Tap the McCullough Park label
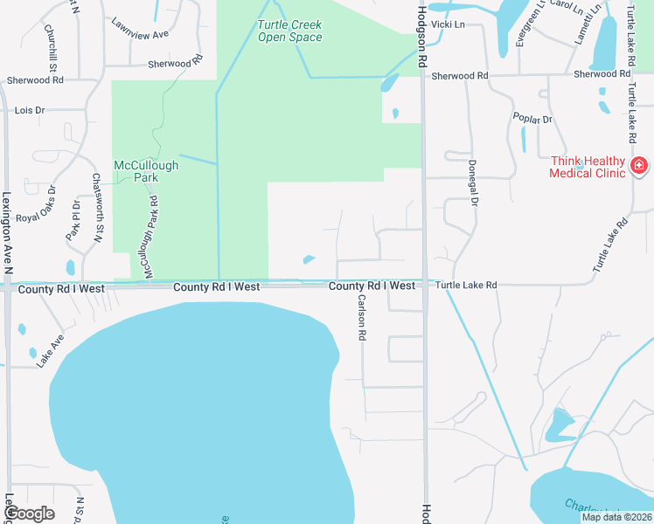(146, 170)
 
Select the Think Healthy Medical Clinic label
(588, 167)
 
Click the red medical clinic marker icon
(639, 165)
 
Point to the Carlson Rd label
(361, 316)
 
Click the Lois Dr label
(29, 111)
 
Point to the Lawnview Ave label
(139, 34)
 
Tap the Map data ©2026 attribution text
(616, 517)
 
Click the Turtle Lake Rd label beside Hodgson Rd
(466, 286)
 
